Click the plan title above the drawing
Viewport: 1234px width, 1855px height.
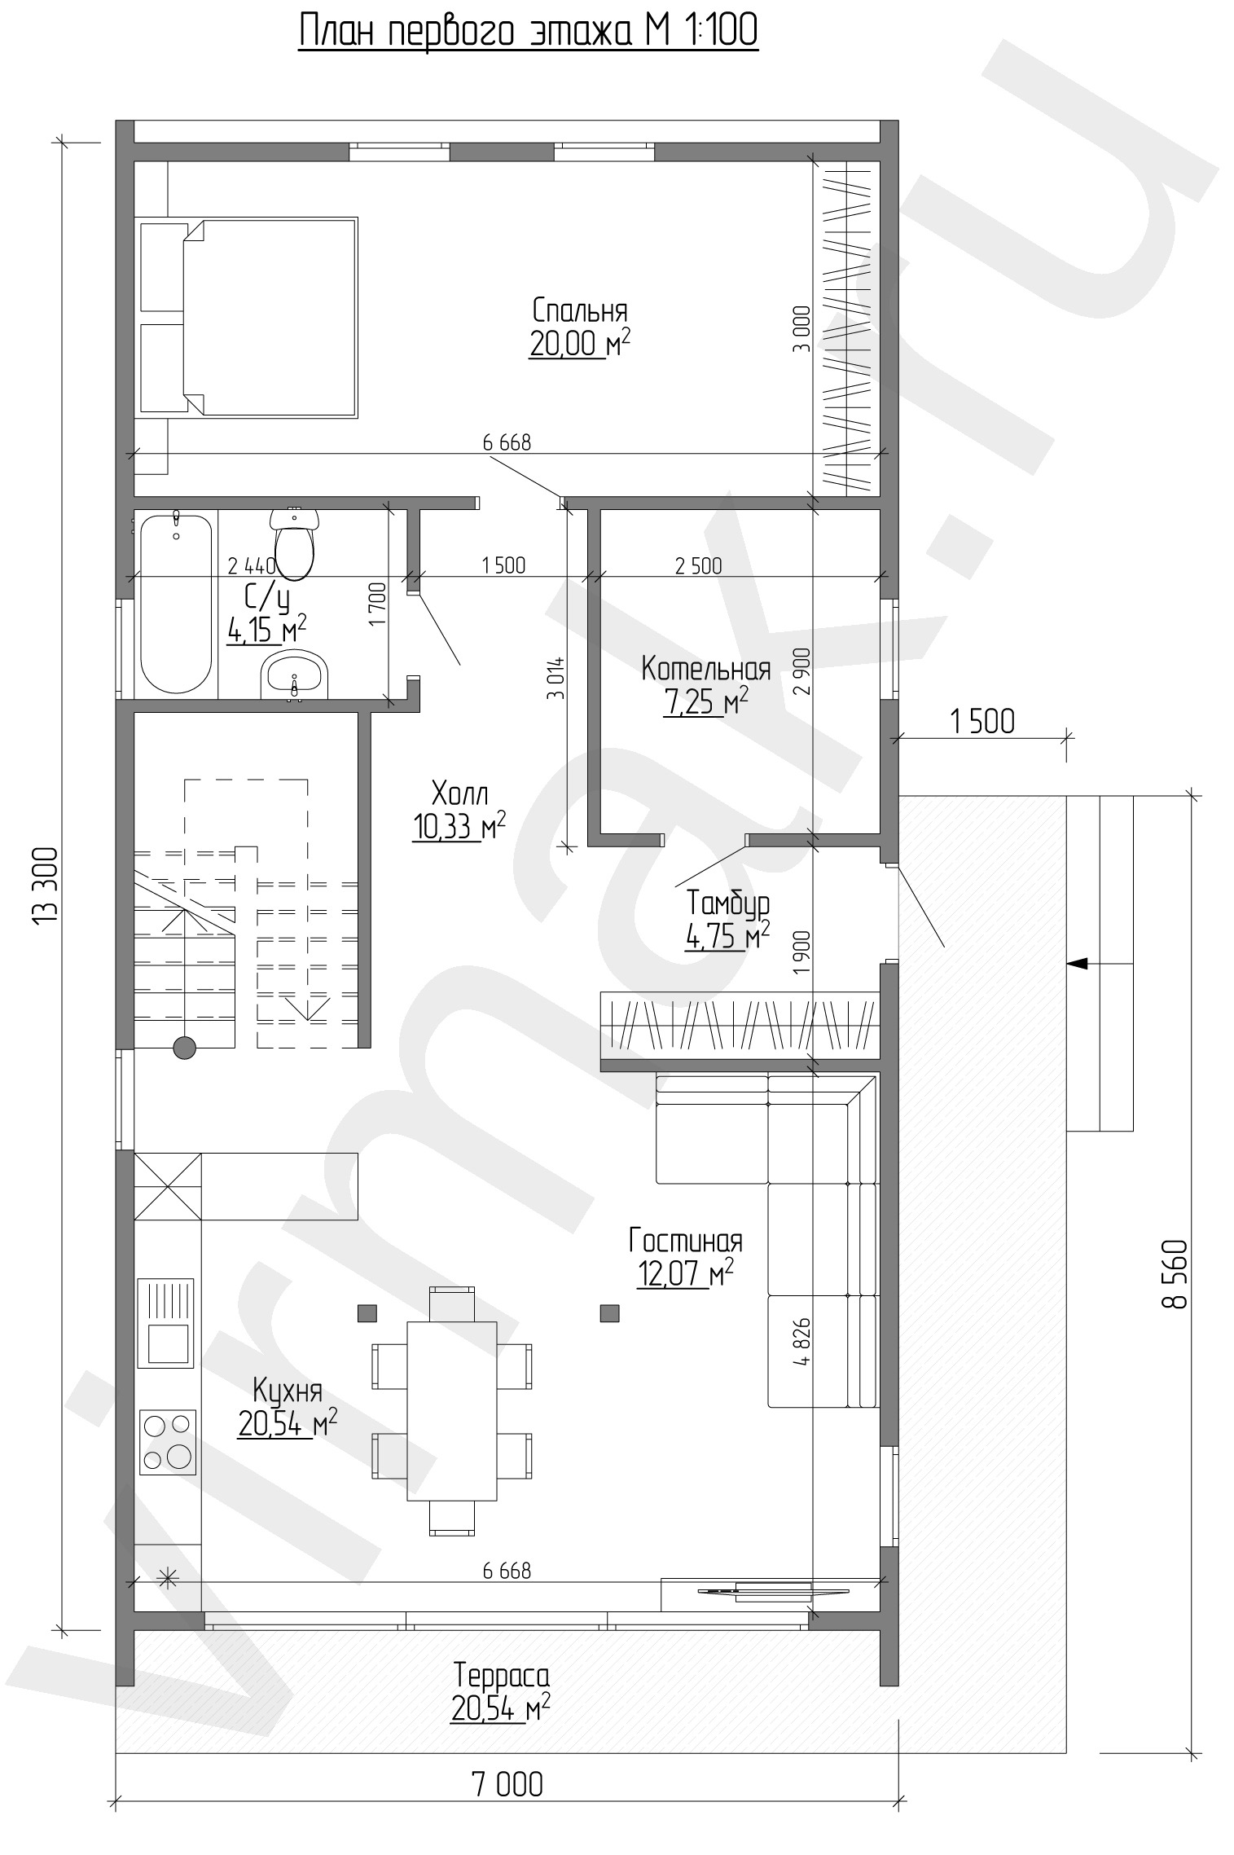click(x=529, y=32)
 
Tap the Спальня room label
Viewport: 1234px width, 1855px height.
click(x=580, y=310)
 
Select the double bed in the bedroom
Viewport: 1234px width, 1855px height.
click(x=248, y=319)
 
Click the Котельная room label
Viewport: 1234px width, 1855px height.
click(x=706, y=669)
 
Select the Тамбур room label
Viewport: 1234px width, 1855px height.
click(x=728, y=903)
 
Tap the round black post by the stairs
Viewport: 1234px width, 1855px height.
click(x=185, y=1048)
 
